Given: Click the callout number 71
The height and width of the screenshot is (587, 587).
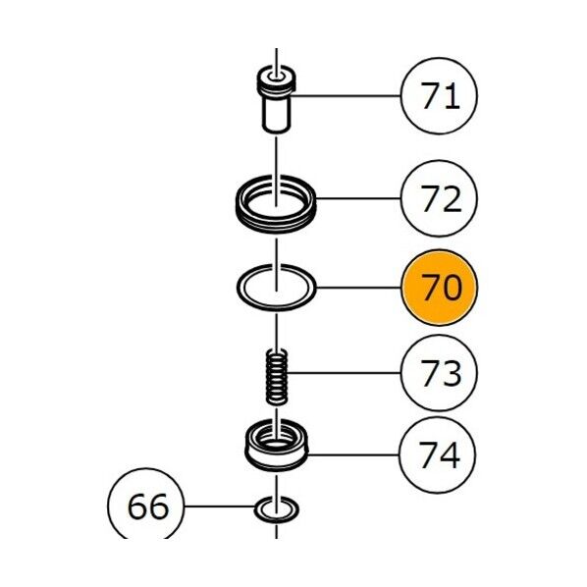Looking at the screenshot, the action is (x=440, y=96).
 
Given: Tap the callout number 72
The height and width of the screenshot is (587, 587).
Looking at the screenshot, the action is (x=440, y=199).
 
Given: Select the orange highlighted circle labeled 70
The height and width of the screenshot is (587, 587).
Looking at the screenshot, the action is (x=439, y=288).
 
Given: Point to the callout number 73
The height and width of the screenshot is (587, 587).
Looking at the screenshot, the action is (x=440, y=373).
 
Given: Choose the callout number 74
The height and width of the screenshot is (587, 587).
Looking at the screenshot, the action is (x=439, y=454).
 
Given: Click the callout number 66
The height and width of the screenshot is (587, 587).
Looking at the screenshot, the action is (x=147, y=507).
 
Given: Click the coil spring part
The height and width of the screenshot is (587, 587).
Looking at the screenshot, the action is (x=277, y=377).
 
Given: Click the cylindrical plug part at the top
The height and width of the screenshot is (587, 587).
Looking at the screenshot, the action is (x=277, y=99).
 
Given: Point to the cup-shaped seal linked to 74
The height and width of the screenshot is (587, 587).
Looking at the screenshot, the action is (x=277, y=446).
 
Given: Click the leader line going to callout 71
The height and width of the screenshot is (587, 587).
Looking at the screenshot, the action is (x=346, y=96).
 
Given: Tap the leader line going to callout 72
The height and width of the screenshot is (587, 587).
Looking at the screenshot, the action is (x=358, y=199).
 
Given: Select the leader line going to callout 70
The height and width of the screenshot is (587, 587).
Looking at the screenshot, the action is (x=358, y=288).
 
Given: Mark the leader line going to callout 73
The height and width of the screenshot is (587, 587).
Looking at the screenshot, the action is (x=344, y=373).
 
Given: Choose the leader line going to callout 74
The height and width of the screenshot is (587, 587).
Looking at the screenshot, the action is (x=353, y=454).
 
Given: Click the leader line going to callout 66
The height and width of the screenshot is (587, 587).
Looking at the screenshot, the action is (x=219, y=507).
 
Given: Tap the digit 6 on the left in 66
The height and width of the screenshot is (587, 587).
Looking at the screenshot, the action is (x=137, y=507).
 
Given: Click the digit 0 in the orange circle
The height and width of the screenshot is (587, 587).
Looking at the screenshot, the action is (x=452, y=288).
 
